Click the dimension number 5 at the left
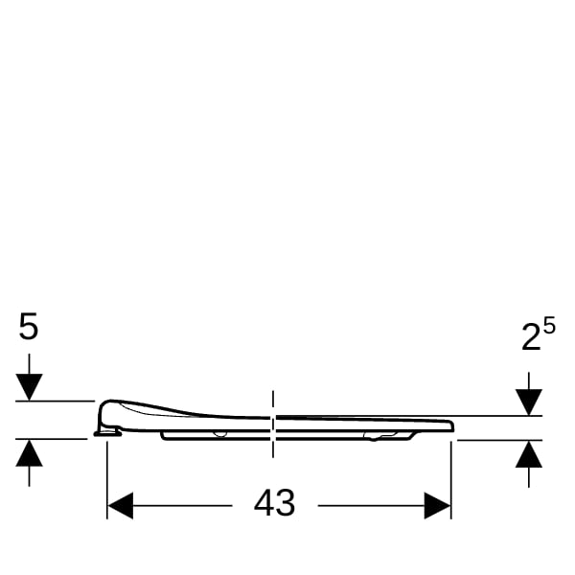[28, 326]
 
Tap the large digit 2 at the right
[531, 337]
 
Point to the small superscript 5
[549, 326]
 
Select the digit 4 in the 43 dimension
[264, 503]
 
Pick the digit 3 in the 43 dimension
[286, 503]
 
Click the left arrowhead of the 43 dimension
[121, 506]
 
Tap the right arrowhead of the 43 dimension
[438, 506]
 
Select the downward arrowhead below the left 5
[29, 387]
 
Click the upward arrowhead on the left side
[29, 453]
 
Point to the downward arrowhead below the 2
[529, 402]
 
